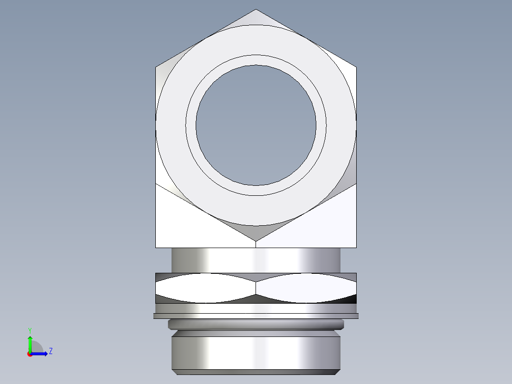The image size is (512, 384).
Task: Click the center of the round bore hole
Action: point(256,125)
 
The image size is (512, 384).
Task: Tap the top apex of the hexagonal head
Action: point(256,10)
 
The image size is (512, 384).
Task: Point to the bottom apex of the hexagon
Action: point(256,240)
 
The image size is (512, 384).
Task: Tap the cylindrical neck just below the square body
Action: point(256,260)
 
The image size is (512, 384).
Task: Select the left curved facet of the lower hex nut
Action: point(204,288)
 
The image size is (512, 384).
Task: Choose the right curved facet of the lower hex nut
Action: point(306,288)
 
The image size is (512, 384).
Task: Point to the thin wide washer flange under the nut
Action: point(256,316)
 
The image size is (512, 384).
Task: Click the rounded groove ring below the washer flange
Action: point(256,325)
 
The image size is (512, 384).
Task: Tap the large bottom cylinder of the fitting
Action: point(256,352)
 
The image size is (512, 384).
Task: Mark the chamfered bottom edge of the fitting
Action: point(256,372)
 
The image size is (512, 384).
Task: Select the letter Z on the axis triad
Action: point(50,352)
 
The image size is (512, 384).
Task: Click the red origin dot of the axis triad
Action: point(29,354)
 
